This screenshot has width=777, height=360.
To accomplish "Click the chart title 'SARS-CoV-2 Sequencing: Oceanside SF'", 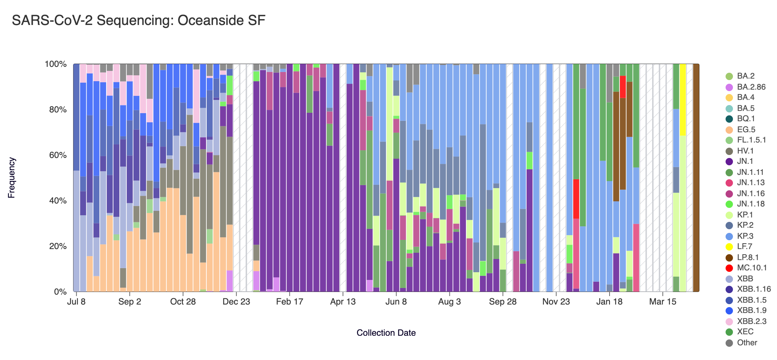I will point(138,21).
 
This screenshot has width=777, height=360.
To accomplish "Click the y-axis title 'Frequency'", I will point(11,178).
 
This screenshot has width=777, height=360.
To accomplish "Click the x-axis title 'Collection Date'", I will point(386,333).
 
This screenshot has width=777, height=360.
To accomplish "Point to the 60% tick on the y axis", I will point(55,155).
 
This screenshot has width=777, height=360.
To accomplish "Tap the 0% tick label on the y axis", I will point(60,292).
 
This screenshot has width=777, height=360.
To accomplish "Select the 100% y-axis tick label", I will point(55,64).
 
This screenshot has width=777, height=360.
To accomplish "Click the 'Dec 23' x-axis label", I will point(236,302).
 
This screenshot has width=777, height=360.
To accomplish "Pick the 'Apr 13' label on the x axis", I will point(343,302).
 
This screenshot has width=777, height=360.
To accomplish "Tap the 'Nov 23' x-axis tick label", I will point(556,302).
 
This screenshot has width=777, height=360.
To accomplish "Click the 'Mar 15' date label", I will point(662,302).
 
